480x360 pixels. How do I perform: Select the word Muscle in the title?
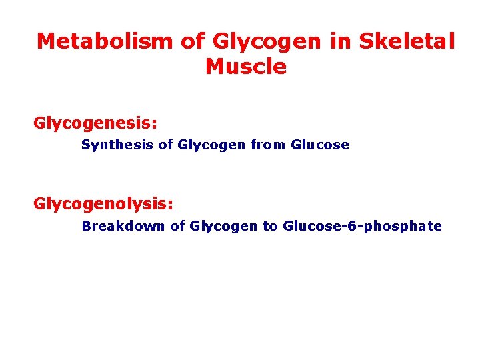(246, 67)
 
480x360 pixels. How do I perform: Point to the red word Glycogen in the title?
(267, 41)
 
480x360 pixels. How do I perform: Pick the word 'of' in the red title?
(193, 41)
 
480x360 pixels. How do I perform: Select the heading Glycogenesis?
(95, 124)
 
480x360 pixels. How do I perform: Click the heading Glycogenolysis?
(103, 204)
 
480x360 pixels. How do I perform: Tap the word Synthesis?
(117, 145)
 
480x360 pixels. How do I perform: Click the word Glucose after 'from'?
(320, 145)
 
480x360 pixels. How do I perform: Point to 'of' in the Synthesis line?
(166, 145)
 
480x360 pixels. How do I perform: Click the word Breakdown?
(123, 226)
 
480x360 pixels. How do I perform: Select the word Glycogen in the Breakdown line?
(223, 226)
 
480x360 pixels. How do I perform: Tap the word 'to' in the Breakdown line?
(270, 226)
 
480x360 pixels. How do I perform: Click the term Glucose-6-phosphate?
(362, 226)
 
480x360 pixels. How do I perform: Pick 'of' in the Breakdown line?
(177, 226)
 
